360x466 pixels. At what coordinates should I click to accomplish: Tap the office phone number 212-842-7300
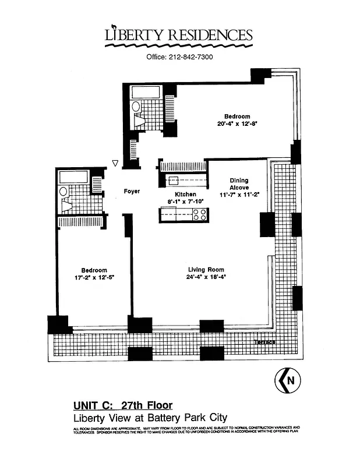[179, 57]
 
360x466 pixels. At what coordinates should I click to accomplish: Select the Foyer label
[132, 191]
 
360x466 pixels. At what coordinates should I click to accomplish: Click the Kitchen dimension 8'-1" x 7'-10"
[182, 202]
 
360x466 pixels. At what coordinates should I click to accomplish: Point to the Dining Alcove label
[239, 184]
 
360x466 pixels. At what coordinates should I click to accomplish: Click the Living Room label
[206, 269]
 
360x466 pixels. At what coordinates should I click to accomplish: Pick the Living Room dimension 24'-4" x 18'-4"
[206, 277]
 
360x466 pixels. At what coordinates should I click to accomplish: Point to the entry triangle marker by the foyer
[115, 164]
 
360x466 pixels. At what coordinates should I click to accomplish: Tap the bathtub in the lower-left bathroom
[73, 176]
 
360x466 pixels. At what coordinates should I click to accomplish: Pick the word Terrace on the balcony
[264, 343]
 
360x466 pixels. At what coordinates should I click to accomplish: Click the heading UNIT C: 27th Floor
[122, 405]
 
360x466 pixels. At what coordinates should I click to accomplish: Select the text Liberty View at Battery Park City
[150, 417]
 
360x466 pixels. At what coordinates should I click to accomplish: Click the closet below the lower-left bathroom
[80, 221]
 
